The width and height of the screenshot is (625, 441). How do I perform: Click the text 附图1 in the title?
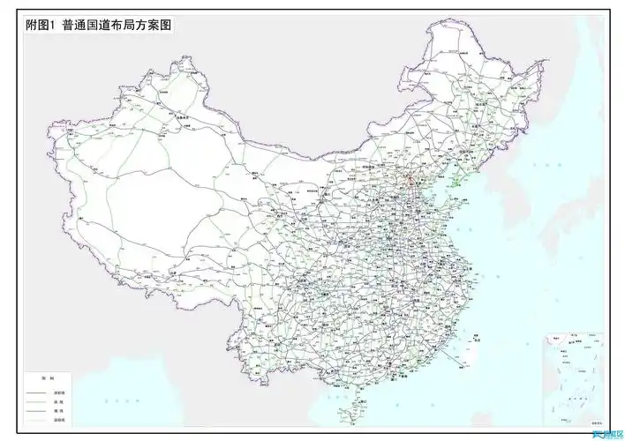41,26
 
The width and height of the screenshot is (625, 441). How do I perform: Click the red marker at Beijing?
409,183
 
